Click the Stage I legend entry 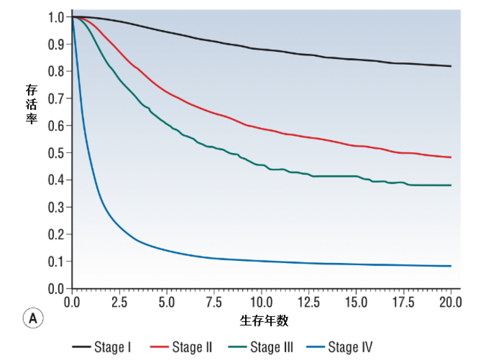click(x=102, y=347)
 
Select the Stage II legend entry click(x=182, y=347)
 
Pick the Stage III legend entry click(x=262, y=347)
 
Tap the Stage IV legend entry click(x=339, y=347)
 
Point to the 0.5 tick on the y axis click(x=57, y=153)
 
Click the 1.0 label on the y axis click(x=57, y=17)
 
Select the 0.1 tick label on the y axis click(x=57, y=262)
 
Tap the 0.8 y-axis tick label click(x=57, y=71)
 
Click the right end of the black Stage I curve click(x=451, y=66)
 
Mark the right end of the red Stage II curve click(x=451, y=157)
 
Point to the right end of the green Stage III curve click(x=451, y=185)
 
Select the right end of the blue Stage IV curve click(x=451, y=266)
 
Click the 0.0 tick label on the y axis click(x=57, y=289)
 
